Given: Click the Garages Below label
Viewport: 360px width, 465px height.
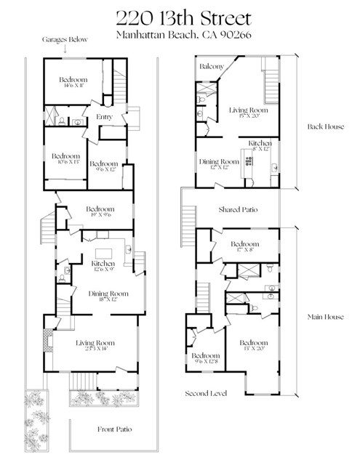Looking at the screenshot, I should (65, 40).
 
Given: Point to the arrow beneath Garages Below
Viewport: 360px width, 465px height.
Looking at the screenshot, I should (65, 50).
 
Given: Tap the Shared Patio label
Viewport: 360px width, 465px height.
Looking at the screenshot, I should (239, 210).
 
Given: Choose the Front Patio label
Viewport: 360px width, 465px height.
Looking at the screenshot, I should (115, 429).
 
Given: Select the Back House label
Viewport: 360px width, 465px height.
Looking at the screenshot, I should (324, 126).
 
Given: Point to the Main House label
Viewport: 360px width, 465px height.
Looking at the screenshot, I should (324, 317).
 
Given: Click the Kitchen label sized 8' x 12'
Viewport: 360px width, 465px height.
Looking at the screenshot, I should (260, 143).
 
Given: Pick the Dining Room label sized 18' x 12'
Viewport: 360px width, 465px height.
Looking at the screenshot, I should (108, 294).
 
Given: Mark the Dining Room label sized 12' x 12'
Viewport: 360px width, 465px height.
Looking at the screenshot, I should (220, 161).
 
